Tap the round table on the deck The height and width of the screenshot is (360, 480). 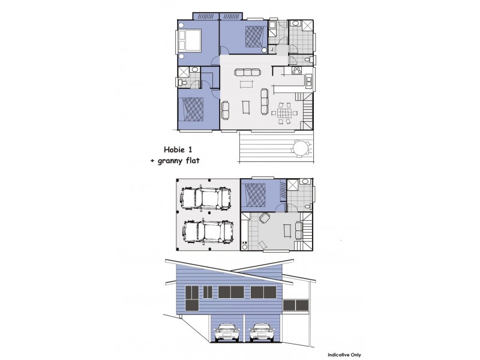coord(302,148)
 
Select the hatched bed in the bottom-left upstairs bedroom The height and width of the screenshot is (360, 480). coord(194,109)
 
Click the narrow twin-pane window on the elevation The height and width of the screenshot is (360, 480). coord(208,292)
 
